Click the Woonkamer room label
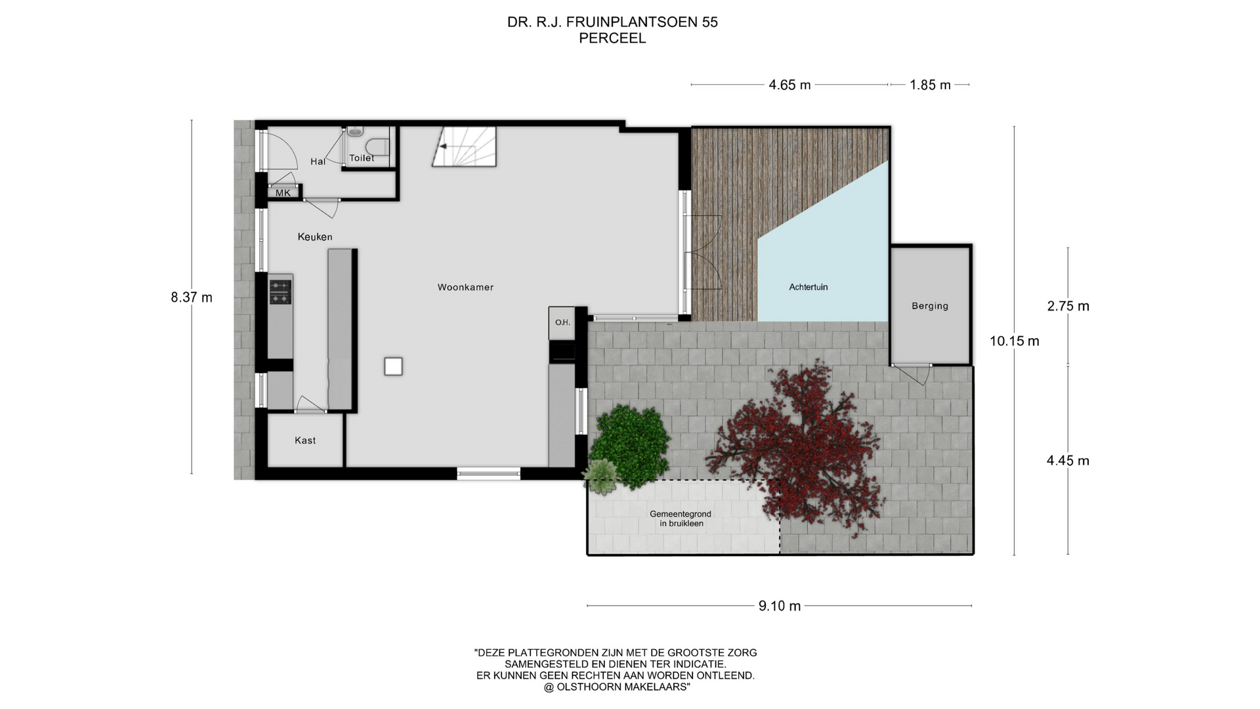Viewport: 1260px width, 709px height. coord(465,287)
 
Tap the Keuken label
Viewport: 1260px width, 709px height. coord(315,237)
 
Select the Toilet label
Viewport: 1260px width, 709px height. coord(362,158)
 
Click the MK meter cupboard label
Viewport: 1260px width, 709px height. coord(283,193)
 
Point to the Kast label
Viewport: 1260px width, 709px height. coord(305,440)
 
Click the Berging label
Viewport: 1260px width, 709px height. coord(930,306)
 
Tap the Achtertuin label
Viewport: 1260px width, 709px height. coord(808,287)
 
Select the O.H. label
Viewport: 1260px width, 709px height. coord(562,322)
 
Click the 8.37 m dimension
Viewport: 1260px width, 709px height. coord(192,297)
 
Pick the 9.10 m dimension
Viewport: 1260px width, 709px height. coord(780,606)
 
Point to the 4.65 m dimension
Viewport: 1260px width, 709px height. coord(789,85)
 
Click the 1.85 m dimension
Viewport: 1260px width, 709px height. coord(930,85)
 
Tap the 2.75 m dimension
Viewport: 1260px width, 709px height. coord(1068,306)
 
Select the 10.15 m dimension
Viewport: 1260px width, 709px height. coord(1015,341)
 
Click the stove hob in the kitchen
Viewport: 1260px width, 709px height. coord(280,292)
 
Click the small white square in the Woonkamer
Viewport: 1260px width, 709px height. coord(393,366)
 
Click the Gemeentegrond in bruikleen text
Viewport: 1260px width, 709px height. coord(681,519)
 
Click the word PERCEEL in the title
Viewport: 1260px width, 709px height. coord(612,38)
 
